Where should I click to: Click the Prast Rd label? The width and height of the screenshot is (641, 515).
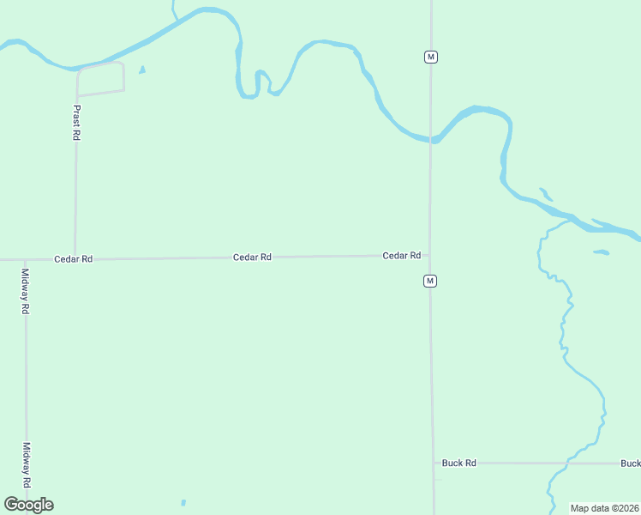(76, 123)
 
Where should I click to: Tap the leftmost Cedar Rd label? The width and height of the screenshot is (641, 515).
(73, 258)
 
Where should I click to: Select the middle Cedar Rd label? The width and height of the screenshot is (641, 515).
(252, 257)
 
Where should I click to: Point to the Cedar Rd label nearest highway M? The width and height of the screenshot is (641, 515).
(401, 256)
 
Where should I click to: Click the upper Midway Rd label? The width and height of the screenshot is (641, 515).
(26, 291)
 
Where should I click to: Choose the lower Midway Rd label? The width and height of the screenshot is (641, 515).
(27, 464)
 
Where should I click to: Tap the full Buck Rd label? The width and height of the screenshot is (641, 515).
(458, 463)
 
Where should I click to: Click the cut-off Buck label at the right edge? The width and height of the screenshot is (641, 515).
(630, 463)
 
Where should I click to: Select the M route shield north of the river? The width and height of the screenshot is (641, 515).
(431, 57)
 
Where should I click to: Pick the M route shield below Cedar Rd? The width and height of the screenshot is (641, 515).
(430, 281)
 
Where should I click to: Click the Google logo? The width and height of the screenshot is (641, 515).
(28, 505)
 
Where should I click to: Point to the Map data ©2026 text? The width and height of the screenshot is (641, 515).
(604, 508)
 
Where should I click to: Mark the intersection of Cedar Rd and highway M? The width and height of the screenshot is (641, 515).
(430, 255)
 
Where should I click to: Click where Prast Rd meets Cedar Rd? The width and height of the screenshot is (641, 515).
(75, 257)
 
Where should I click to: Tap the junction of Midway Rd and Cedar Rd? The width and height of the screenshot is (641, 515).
(25, 259)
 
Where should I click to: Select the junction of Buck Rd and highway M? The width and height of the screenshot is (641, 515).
(433, 463)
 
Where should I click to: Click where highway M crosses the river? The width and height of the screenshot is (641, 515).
(431, 139)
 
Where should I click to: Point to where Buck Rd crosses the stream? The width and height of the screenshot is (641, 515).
(566, 463)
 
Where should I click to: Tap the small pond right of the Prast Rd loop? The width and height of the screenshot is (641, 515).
(142, 70)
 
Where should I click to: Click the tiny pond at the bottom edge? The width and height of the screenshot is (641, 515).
(183, 502)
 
